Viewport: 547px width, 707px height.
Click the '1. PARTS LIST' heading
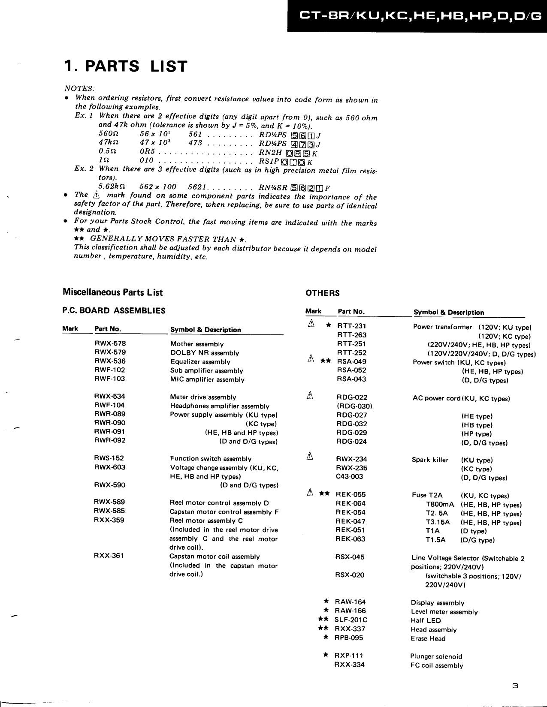click(x=125, y=66)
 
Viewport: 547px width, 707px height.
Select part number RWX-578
click(x=110, y=343)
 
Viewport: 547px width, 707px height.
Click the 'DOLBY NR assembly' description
click(x=205, y=353)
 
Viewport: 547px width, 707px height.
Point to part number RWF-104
click(x=109, y=405)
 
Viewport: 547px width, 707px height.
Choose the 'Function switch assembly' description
click(x=211, y=459)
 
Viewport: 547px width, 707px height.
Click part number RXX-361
click(x=109, y=556)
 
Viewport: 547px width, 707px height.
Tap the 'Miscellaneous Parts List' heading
click(x=112, y=292)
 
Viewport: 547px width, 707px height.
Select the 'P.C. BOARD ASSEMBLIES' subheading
click(x=114, y=311)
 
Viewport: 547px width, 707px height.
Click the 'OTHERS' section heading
click(x=322, y=293)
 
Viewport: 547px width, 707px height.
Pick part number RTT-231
click(x=352, y=326)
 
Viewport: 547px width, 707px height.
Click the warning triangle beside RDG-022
click(x=310, y=396)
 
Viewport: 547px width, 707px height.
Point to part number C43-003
click(x=349, y=476)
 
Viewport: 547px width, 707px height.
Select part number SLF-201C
click(x=351, y=620)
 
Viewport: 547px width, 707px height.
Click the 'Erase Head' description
click(x=428, y=639)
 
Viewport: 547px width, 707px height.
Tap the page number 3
click(x=515, y=686)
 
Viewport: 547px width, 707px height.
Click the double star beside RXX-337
click(x=323, y=629)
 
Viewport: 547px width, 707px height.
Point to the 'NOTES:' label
click(x=79, y=88)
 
